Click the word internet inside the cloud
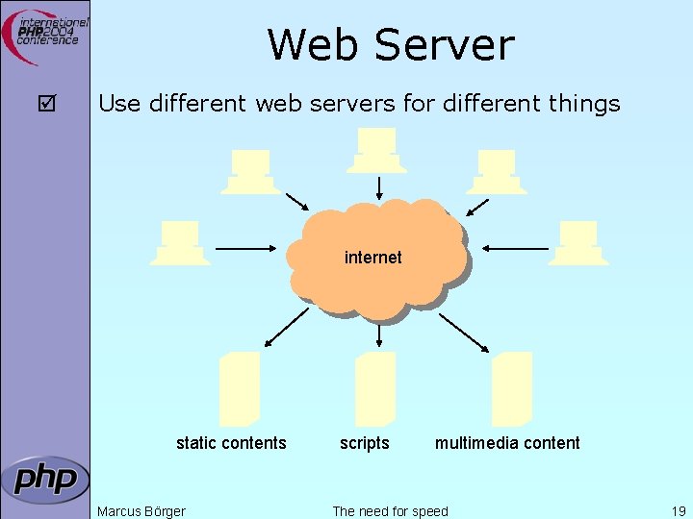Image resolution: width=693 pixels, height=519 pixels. click(372, 258)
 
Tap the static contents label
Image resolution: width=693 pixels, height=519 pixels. click(231, 443)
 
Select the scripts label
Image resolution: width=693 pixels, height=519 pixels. click(365, 443)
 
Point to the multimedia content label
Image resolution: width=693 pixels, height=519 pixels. click(507, 443)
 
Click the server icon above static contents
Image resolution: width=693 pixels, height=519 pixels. click(240, 388)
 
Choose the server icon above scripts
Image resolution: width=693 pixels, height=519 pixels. click(375, 388)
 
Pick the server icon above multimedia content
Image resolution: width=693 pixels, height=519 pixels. click(512, 388)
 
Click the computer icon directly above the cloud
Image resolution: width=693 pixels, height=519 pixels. click(377, 150)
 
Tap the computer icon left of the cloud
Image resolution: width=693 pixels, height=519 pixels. click(180, 242)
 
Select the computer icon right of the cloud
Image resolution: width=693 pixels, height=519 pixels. click(578, 242)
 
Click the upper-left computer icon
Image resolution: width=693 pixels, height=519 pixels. click(250, 172)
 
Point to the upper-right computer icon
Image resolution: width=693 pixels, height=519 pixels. click(497, 172)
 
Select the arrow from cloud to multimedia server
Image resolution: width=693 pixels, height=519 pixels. click(464, 330)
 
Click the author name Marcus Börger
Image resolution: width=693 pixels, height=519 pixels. click(141, 511)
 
